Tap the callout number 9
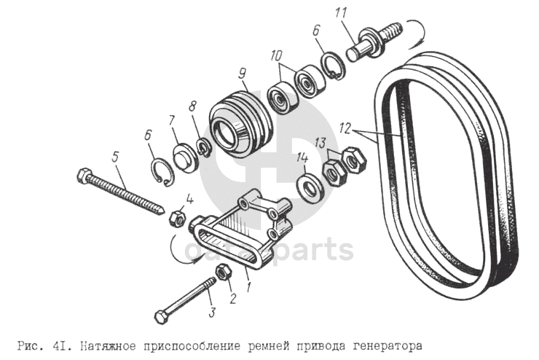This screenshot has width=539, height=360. [x=242, y=74]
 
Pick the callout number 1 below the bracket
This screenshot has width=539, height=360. [x=250, y=286]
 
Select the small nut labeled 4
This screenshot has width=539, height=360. [x=178, y=219]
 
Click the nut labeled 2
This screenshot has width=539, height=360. [x=224, y=271]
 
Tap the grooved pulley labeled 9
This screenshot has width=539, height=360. [x=240, y=121]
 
